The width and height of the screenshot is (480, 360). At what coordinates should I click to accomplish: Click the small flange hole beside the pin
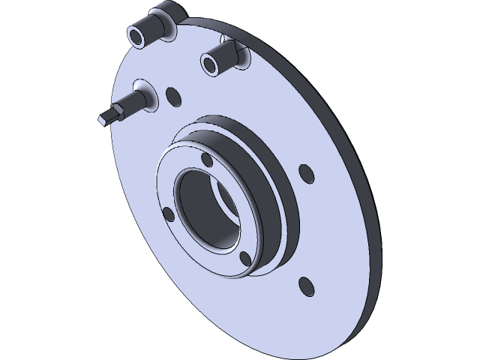coord(173,96)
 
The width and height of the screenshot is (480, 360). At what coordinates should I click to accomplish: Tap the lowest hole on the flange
coord(304,286)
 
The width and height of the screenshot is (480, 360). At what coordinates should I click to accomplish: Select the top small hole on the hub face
coord(207,160)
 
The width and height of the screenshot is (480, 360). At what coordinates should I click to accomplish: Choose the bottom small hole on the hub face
coord(244,259)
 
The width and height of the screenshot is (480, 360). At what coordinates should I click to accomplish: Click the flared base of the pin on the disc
coord(147,97)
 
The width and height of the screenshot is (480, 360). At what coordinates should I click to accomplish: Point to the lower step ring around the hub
coord(289,232)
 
